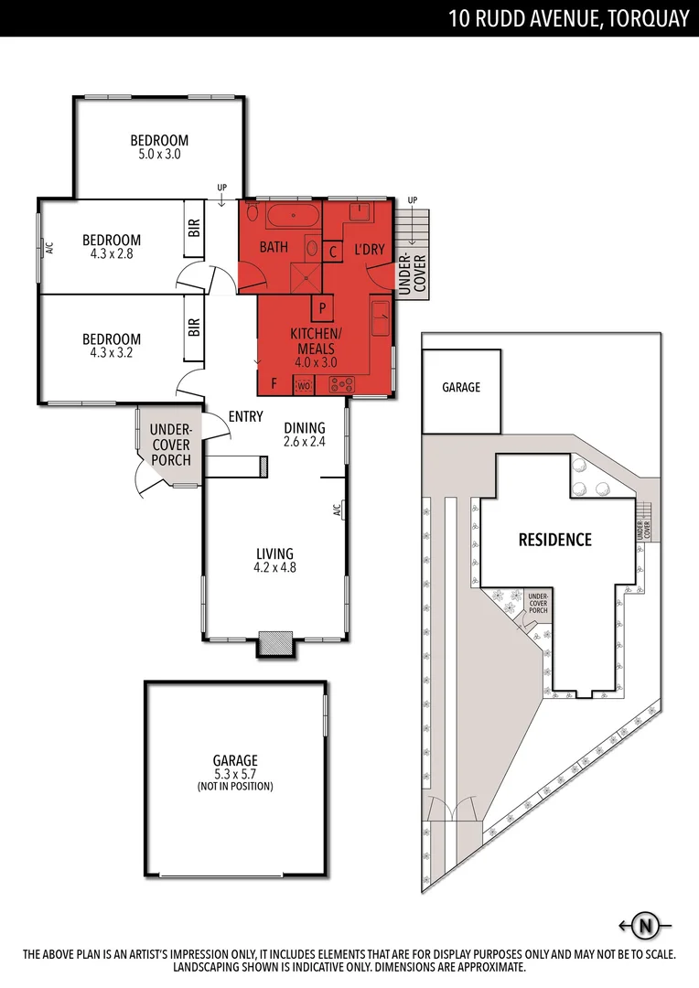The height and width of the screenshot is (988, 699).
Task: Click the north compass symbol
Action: pyautogui.click(x=646, y=925)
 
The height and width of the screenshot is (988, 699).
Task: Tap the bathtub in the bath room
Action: pyautogui.click(x=293, y=218)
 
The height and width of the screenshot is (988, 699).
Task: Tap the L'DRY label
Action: pyautogui.click(x=370, y=247)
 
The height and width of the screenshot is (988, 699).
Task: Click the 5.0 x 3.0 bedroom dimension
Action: pyautogui.click(x=159, y=155)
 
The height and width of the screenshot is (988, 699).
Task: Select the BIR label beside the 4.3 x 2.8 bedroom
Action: pyautogui.click(x=194, y=228)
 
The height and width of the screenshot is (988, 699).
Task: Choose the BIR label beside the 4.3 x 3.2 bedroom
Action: pyautogui.click(x=194, y=327)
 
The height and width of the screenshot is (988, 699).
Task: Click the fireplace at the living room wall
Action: pyautogui.click(x=274, y=643)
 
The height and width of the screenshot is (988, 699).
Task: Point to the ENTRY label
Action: pyautogui.click(x=246, y=416)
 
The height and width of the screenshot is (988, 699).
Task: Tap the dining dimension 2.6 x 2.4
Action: pyautogui.click(x=305, y=441)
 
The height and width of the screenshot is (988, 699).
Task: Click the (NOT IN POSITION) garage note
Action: pyautogui.click(x=235, y=787)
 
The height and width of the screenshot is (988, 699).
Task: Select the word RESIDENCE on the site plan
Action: pyautogui.click(x=554, y=540)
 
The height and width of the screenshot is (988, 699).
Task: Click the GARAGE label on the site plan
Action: pyautogui.click(x=461, y=388)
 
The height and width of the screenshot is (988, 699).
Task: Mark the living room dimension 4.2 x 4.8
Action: pyautogui.click(x=274, y=567)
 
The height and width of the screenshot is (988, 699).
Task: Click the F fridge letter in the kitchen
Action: pyautogui.click(x=273, y=383)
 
